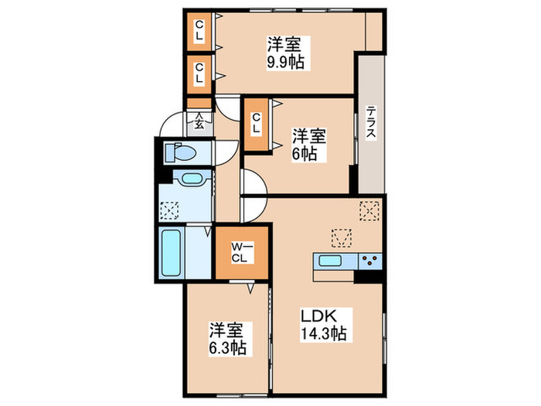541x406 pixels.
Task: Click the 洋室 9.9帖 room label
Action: point(285,53)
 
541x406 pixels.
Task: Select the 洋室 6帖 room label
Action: point(308,144)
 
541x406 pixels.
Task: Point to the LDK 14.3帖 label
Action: point(322,324)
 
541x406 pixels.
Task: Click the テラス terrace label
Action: point(370,122)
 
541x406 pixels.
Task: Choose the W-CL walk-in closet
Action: point(240,252)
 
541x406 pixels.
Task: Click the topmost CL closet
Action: point(199,30)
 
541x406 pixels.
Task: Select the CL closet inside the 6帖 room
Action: point(256,124)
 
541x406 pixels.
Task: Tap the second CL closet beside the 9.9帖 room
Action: point(199,72)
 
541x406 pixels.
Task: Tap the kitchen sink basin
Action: point(331,261)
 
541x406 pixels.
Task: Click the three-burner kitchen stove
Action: point(369,261)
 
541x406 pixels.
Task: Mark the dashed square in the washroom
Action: point(170,209)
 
